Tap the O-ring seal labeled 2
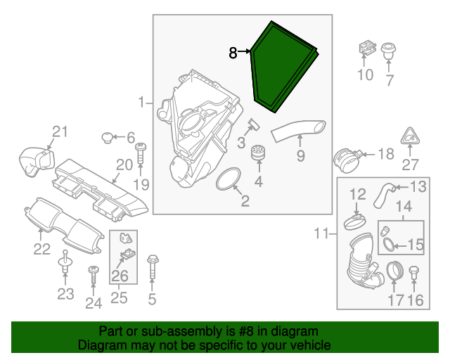click(228, 179)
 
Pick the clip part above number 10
click(365, 49)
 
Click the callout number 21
click(60, 131)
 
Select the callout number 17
click(396, 300)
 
